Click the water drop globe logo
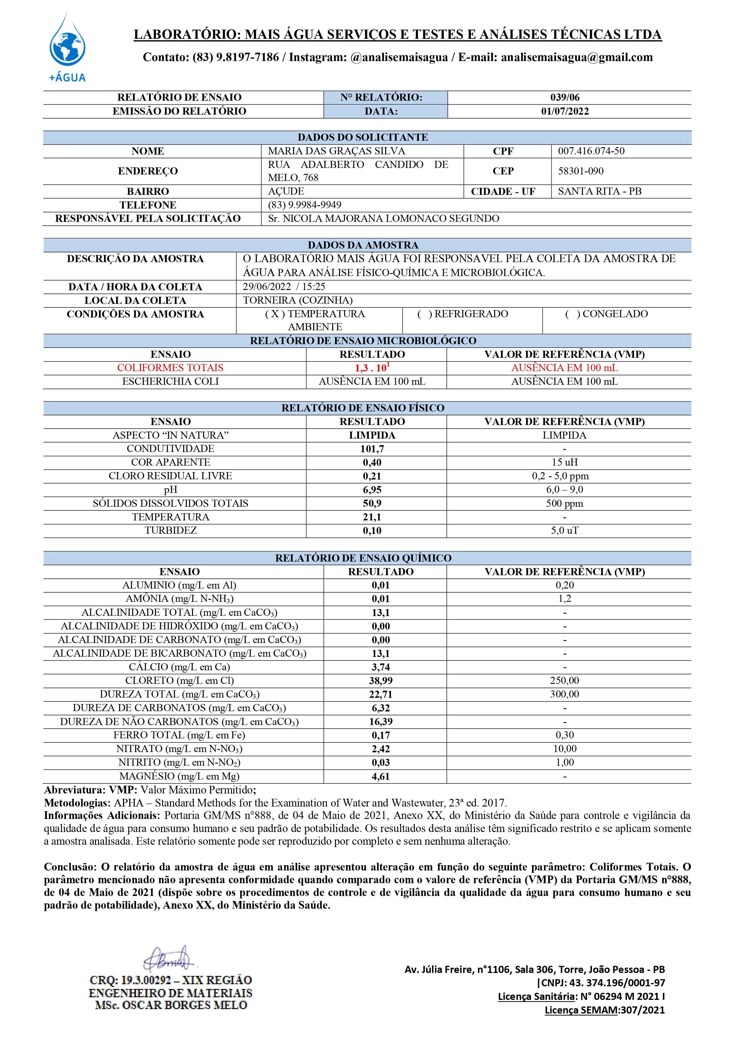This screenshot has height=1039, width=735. (x=68, y=45)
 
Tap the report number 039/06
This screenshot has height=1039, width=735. (x=565, y=97)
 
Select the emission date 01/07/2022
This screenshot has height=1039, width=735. (x=565, y=111)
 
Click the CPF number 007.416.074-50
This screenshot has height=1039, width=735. (x=591, y=151)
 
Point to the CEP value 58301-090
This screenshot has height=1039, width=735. (x=581, y=171)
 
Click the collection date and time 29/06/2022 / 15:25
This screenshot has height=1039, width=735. (x=284, y=286)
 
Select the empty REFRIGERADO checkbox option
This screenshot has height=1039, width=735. (x=462, y=314)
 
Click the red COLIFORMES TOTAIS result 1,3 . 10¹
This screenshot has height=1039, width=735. (x=372, y=368)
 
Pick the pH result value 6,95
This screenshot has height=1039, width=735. (x=372, y=490)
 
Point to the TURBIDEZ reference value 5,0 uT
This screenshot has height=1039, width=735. (x=564, y=530)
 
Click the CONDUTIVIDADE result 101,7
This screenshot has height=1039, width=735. (x=372, y=449)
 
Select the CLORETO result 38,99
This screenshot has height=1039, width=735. (x=381, y=681)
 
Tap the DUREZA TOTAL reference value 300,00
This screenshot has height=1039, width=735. (x=564, y=694)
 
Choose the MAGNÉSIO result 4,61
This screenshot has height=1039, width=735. (x=381, y=776)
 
